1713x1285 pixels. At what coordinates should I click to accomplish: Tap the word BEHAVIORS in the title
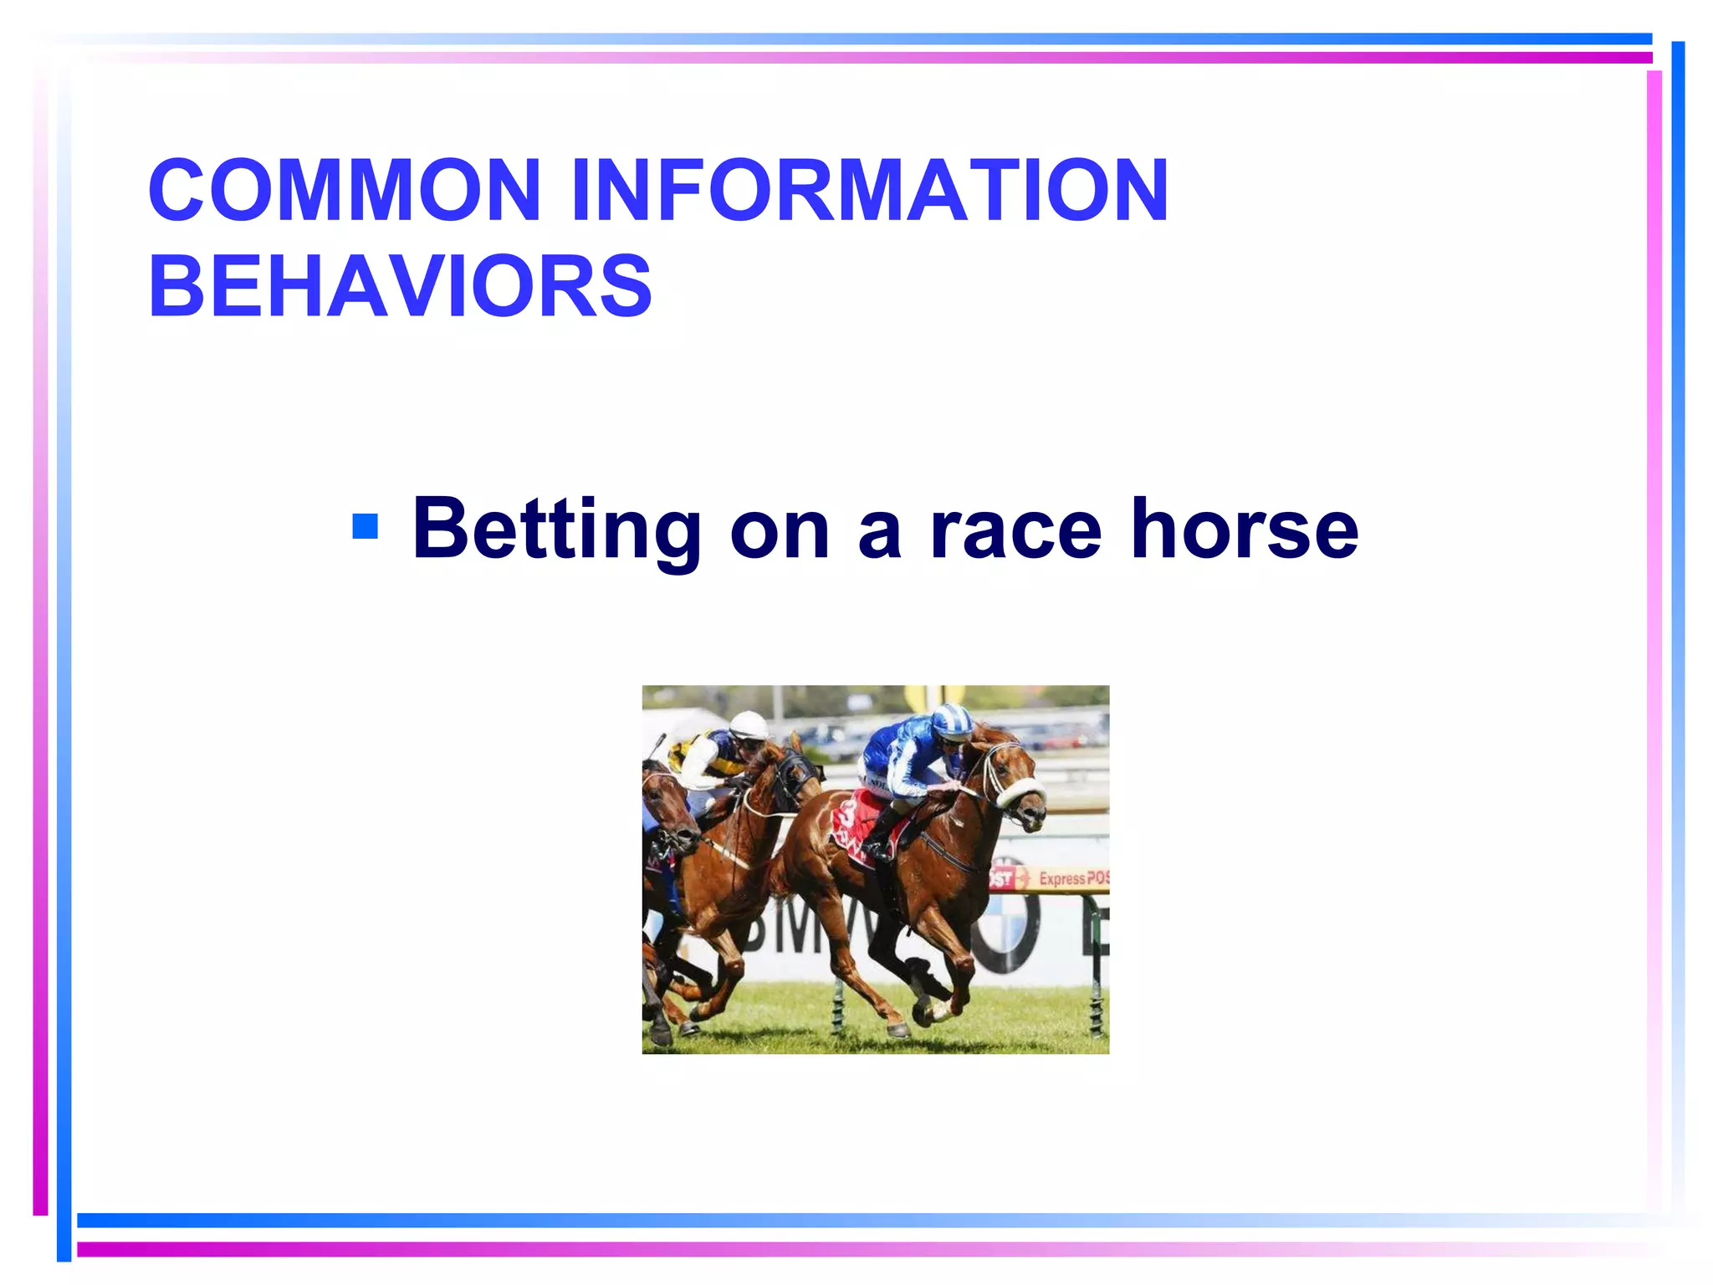400,286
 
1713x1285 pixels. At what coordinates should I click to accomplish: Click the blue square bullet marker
366,527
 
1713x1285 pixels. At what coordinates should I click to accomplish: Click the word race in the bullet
1015,530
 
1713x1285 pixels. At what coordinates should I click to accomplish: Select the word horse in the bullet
1244,529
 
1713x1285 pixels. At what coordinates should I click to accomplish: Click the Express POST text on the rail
1073,878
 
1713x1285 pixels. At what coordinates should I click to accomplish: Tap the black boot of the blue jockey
880,837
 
